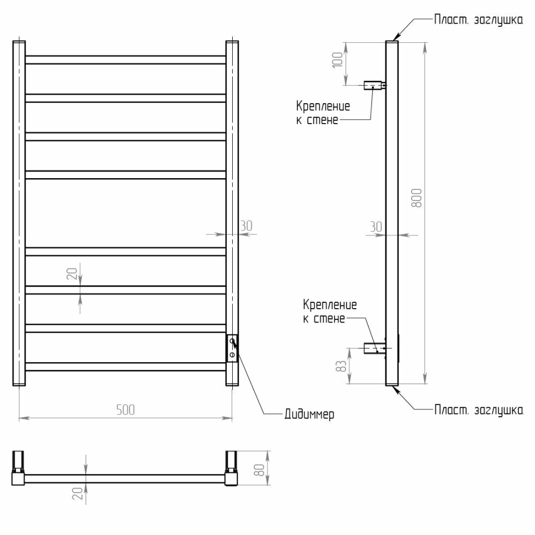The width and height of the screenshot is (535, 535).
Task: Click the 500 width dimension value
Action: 125,410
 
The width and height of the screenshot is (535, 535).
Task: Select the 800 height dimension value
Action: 418,198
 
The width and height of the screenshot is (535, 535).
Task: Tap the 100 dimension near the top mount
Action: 337,59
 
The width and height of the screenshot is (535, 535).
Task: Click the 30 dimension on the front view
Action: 246,226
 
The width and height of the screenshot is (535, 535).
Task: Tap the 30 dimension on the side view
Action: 376,226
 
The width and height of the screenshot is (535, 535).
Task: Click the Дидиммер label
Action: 310,415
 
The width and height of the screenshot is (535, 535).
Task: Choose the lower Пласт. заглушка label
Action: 478,410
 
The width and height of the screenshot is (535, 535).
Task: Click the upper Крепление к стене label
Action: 323,113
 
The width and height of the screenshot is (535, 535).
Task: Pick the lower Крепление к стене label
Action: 330,312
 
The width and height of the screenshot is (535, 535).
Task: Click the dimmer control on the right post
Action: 232,348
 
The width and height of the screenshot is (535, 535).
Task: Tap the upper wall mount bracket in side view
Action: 373,85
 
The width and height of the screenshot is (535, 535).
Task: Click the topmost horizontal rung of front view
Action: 125,59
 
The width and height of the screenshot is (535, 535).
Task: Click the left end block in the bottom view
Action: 18,468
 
